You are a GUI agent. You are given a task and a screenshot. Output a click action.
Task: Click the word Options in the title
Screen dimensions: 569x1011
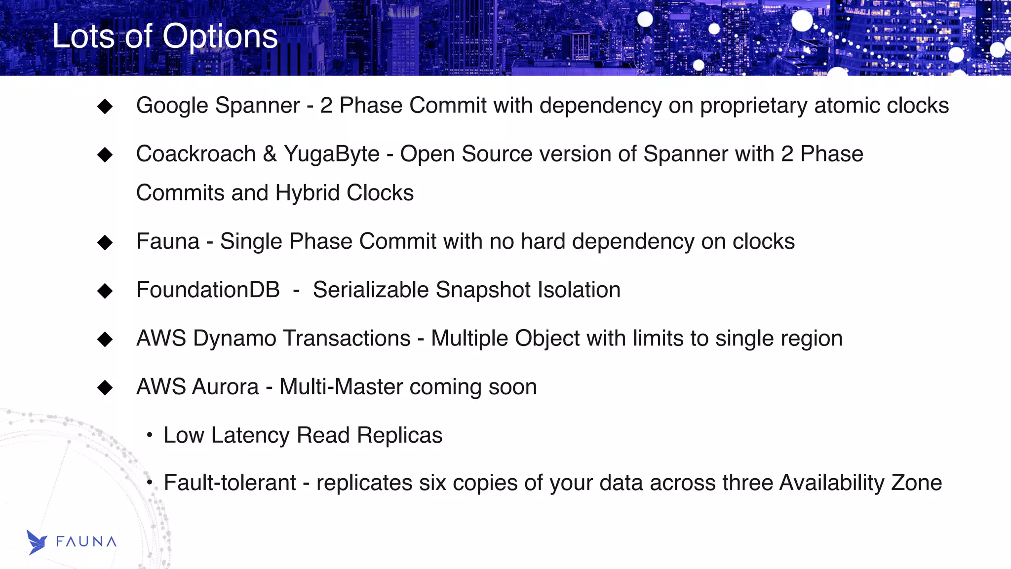click(220, 37)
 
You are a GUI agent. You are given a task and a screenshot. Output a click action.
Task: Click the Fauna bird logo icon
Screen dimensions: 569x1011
click(37, 542)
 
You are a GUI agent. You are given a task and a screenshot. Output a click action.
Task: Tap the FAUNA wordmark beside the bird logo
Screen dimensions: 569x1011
click(86, 542)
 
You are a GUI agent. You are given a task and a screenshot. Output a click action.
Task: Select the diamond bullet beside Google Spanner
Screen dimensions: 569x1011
click(105, 106)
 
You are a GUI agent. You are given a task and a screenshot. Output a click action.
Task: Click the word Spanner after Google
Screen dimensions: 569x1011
click(257, 106)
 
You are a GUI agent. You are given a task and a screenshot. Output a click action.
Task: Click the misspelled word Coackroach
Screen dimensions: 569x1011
click(196, 154)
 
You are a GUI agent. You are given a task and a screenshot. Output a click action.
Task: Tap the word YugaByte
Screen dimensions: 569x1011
click(332, 154)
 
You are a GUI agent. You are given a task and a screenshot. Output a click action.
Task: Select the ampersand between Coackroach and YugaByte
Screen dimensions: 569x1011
click(270, 154)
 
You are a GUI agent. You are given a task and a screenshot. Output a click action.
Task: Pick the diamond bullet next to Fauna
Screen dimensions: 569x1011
click(105, 242)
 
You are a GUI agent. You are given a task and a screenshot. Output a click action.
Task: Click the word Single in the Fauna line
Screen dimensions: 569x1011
click(251, 242)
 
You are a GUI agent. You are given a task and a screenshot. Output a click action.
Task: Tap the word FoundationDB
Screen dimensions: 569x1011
click(208, 290)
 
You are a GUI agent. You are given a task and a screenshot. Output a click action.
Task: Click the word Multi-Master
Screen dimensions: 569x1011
click(341, 387)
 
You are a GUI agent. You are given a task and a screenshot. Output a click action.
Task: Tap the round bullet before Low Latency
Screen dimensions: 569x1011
click(150, 435)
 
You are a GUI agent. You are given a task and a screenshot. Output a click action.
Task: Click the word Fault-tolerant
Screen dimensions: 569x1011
click(230, 483)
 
